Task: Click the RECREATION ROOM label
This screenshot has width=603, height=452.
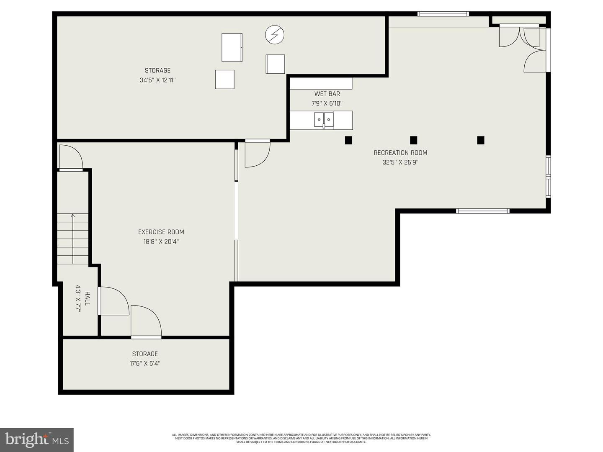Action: (x=400, y=153)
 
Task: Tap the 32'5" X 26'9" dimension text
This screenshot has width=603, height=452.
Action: (x=400, y=162)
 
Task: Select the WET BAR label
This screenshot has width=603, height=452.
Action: (x=327, y=94)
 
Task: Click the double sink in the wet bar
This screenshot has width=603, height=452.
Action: (x=324, y=120)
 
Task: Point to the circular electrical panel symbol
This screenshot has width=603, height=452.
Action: (x=275, y=34)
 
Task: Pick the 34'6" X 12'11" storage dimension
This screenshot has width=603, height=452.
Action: (x=157, y=80)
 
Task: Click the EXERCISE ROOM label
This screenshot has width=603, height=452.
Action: (x=161, y=232)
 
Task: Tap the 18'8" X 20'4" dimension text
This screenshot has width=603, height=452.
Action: (x=161, y=241)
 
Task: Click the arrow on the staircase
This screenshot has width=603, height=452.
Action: (x=73, y=216)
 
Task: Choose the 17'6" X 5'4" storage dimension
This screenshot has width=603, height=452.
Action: (x=145, y=363)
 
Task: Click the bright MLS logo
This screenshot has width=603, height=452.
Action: (x=37, y=439)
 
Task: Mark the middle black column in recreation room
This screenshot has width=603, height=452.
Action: (x=413, y=140)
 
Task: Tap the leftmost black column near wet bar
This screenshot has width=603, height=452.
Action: (x=348, y=140)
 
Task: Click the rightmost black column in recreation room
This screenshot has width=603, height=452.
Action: (x=481, y=140)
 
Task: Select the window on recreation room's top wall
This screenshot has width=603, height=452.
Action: (x=443, y=14)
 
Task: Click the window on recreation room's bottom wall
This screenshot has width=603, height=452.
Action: (x=482, y=211)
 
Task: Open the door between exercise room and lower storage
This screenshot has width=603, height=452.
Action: (x=146, y=322)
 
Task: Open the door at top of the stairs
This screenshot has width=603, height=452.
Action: (x=71, y=158)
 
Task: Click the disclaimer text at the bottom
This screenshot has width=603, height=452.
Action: (x=301, y=438)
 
